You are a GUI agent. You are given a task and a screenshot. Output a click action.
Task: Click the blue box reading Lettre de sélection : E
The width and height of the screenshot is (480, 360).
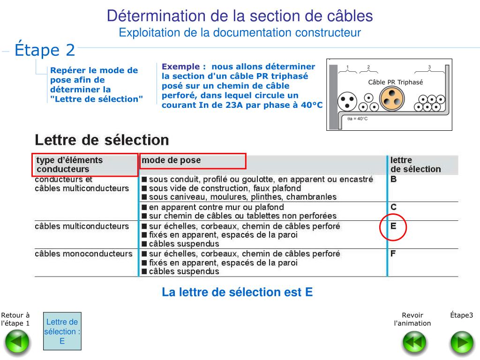[62, 331]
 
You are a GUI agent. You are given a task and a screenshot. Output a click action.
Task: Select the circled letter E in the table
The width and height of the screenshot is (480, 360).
[393, 226]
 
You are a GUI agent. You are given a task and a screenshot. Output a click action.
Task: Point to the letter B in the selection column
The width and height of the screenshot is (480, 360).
[394, 179]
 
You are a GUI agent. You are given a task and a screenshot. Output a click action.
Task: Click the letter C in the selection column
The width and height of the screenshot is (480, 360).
[394, 207]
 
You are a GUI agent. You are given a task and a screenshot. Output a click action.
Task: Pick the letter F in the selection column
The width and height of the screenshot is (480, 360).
[393, 254]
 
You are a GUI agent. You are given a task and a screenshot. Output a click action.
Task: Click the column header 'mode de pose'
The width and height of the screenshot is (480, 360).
[171, 160]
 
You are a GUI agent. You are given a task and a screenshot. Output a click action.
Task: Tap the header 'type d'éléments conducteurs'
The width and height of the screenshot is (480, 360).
[69, 165]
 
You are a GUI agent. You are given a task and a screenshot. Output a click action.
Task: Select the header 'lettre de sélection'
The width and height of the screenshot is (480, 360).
[415, 165]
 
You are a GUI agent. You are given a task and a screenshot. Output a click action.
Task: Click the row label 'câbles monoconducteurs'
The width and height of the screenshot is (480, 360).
[83, 254]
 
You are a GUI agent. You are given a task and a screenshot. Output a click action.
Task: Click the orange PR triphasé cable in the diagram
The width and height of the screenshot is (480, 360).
[392, 99]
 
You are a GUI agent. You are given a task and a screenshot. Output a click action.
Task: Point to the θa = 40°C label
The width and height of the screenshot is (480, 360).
[357, 119]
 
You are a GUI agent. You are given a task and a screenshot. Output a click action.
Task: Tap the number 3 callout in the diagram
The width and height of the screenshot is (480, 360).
[429, 67]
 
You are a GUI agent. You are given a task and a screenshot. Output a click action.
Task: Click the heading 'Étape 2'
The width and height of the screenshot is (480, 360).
[45, 50]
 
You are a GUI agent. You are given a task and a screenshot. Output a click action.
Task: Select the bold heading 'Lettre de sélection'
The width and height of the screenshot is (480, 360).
[102, 140]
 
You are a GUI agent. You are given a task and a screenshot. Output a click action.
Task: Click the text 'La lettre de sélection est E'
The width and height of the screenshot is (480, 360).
[237, 292]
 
